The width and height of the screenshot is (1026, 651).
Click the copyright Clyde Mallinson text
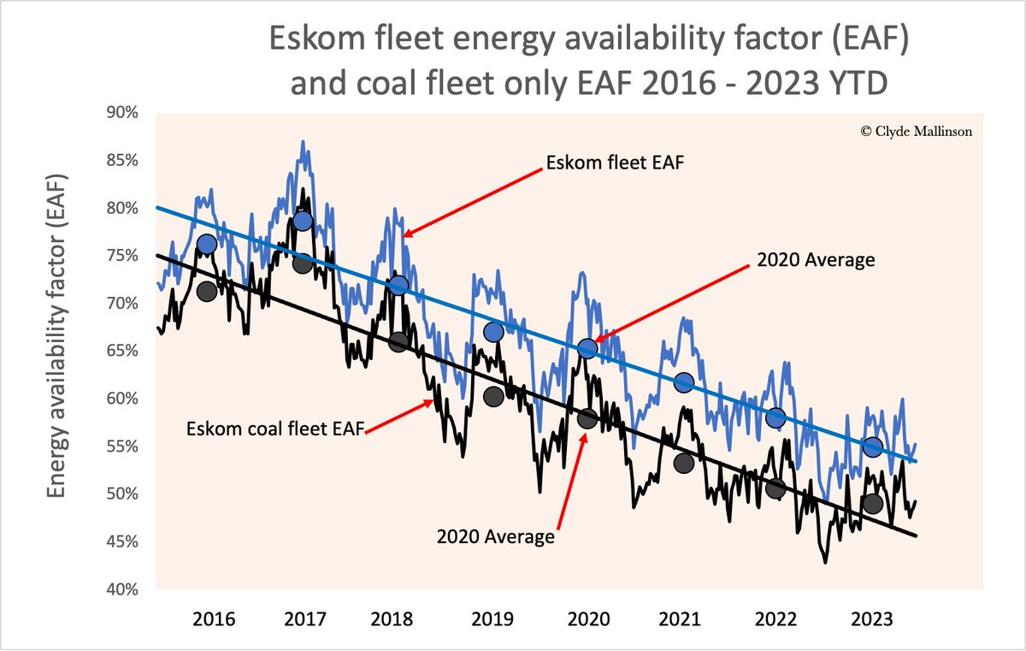pyautogui.click(x=916, y=132)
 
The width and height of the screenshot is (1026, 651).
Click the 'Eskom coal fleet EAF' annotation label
pyautogui.click(x=275, y=429)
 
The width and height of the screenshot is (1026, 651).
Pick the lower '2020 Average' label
pyautogui.click(x=495, y=537)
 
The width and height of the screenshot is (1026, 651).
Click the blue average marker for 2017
pyautogui.click(x=302, y=222)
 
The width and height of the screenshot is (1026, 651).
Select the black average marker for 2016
pyautogui.click(x=206, y=291)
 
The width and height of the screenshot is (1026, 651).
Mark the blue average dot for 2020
pyautogui.click(x=587, y=348)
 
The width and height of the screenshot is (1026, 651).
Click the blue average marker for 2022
pyautogui.click(x=775, y=418)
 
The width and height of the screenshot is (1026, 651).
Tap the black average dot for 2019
pyautogui.click(x=492, y=396)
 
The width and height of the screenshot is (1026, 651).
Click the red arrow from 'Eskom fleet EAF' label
pyautogui.click(x=473, y=200)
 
